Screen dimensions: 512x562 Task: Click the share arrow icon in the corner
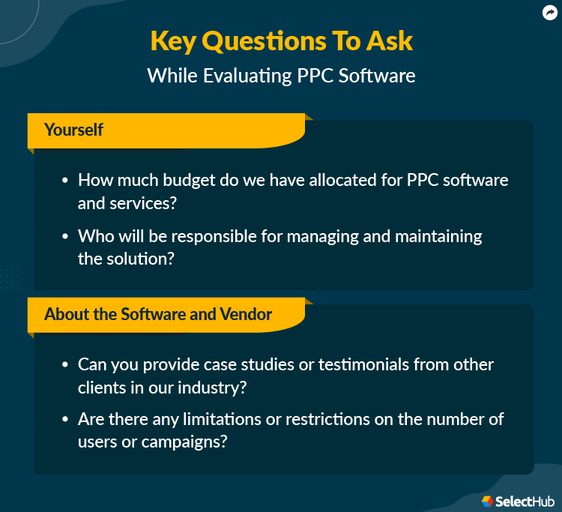click(549, 12)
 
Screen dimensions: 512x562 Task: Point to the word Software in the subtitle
click(378, 76)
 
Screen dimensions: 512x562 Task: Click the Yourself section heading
click(73, 130)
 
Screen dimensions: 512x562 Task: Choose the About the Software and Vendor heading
click(158, 314)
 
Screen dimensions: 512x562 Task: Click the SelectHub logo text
click(522, 500)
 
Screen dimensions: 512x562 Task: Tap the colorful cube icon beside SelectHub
click(487, 500)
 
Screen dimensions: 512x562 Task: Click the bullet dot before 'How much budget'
click(65, 181)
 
